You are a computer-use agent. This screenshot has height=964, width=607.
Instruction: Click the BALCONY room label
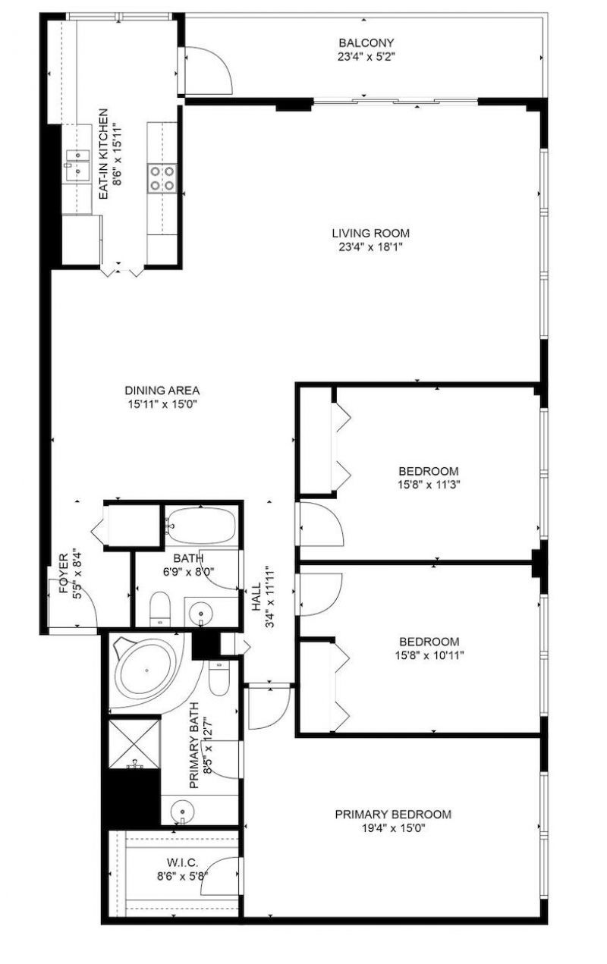pos(366,43)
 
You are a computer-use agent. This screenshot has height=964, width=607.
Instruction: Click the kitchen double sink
pos(77,163)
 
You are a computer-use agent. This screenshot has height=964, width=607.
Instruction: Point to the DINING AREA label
pos(162,391)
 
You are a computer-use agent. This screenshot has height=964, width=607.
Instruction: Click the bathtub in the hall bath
pos(200,525)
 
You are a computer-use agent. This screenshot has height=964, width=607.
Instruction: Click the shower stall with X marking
pos(134,743)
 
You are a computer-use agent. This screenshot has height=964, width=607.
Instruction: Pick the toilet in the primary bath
pos(219,677)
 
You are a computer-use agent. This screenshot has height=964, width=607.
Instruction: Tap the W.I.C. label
pos(181,862)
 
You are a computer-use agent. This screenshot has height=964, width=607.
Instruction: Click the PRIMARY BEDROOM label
pos(393,815)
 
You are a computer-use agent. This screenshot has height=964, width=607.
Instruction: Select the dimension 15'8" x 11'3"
pos(429,483)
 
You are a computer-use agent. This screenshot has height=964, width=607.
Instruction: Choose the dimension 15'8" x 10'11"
pos(429,655)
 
